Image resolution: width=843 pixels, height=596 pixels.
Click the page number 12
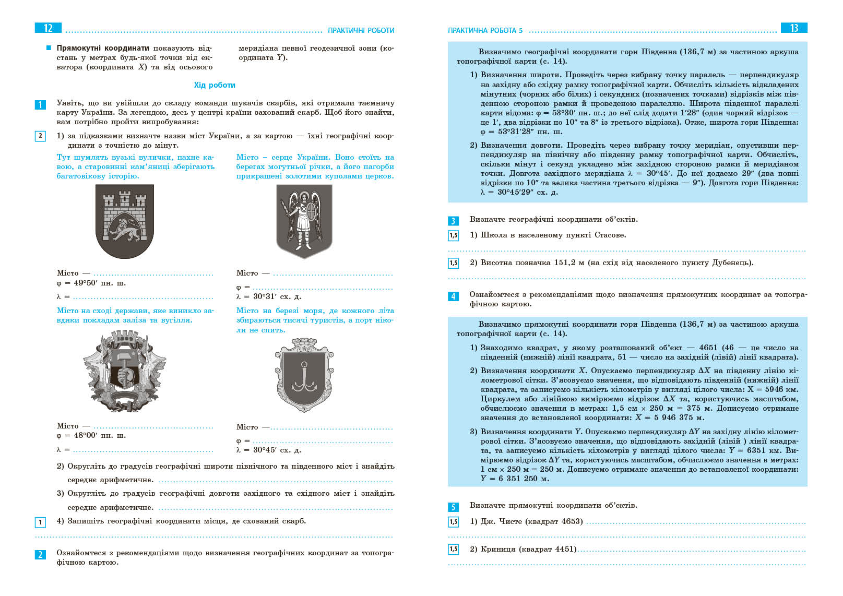(x=48, y=28)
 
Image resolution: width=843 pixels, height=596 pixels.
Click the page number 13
(x=794, y=28)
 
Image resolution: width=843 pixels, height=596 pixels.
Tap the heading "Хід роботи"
(x=215, y=85)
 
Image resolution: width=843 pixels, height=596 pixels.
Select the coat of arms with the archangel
(x=304, y=221)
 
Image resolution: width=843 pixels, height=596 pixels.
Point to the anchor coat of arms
(x=304, y=375)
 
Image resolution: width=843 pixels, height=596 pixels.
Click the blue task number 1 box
(x=40, y=105)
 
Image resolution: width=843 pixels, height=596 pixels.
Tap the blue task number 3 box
(x=453, y=221)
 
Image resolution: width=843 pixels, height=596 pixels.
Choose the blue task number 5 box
(x=453, y=507)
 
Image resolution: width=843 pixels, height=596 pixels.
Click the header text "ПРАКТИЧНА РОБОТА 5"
(x=485, y=30)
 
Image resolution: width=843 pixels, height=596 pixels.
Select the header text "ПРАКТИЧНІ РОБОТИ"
(x=361, y=30)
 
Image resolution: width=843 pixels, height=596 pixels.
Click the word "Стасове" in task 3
(x=610, y=235)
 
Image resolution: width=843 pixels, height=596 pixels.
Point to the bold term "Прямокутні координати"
(x=103, y=48)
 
